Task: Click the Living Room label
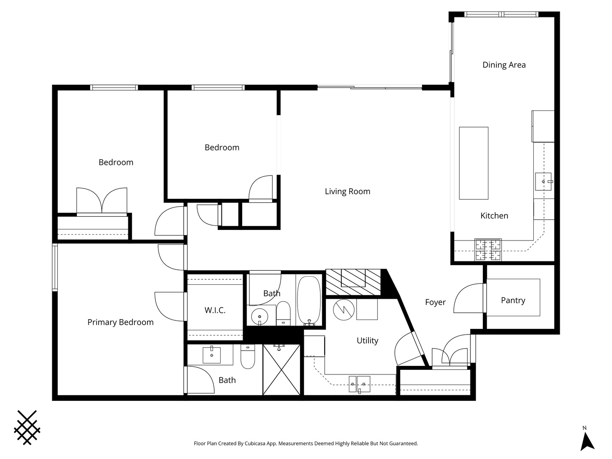pyautogui.click(x=347, y=192)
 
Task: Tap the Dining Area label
pyautogui.click(x=504, y=65)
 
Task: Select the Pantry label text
pyautogui.click(x=513, y=300)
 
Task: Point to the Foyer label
pyautogui.click(x=435, y=302)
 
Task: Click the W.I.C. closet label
pyautogui.click(x=215, y=310)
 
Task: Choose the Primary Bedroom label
pyautogui.click(x=120, y=322)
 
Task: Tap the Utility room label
pyautogui.click(x=367, y=340)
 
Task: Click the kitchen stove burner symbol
pyautogui.click(x=488, y=250)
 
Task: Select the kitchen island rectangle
pyautogui.click(x=473, y=163)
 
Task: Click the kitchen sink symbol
pyautogui.click(x=543, y=181)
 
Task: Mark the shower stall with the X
pyautogui.click(x=281, y=370)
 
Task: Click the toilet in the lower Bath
pyautogui.click(x=247, y=357)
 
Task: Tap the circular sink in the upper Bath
pyautogui.click(x=259, y=316)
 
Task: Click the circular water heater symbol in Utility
pyautogui.click(x=343, y=309)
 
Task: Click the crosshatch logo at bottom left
pyautogui.click(x=27, y=428)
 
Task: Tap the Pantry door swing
pyautogui.click(x=467, y=298)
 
